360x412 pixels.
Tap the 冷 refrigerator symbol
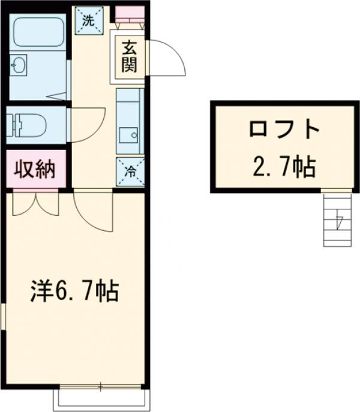130,171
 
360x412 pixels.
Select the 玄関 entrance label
128,56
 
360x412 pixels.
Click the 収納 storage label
35,170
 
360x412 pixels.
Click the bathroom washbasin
19,65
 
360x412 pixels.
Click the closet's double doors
35,203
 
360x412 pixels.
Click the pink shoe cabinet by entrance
130,11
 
